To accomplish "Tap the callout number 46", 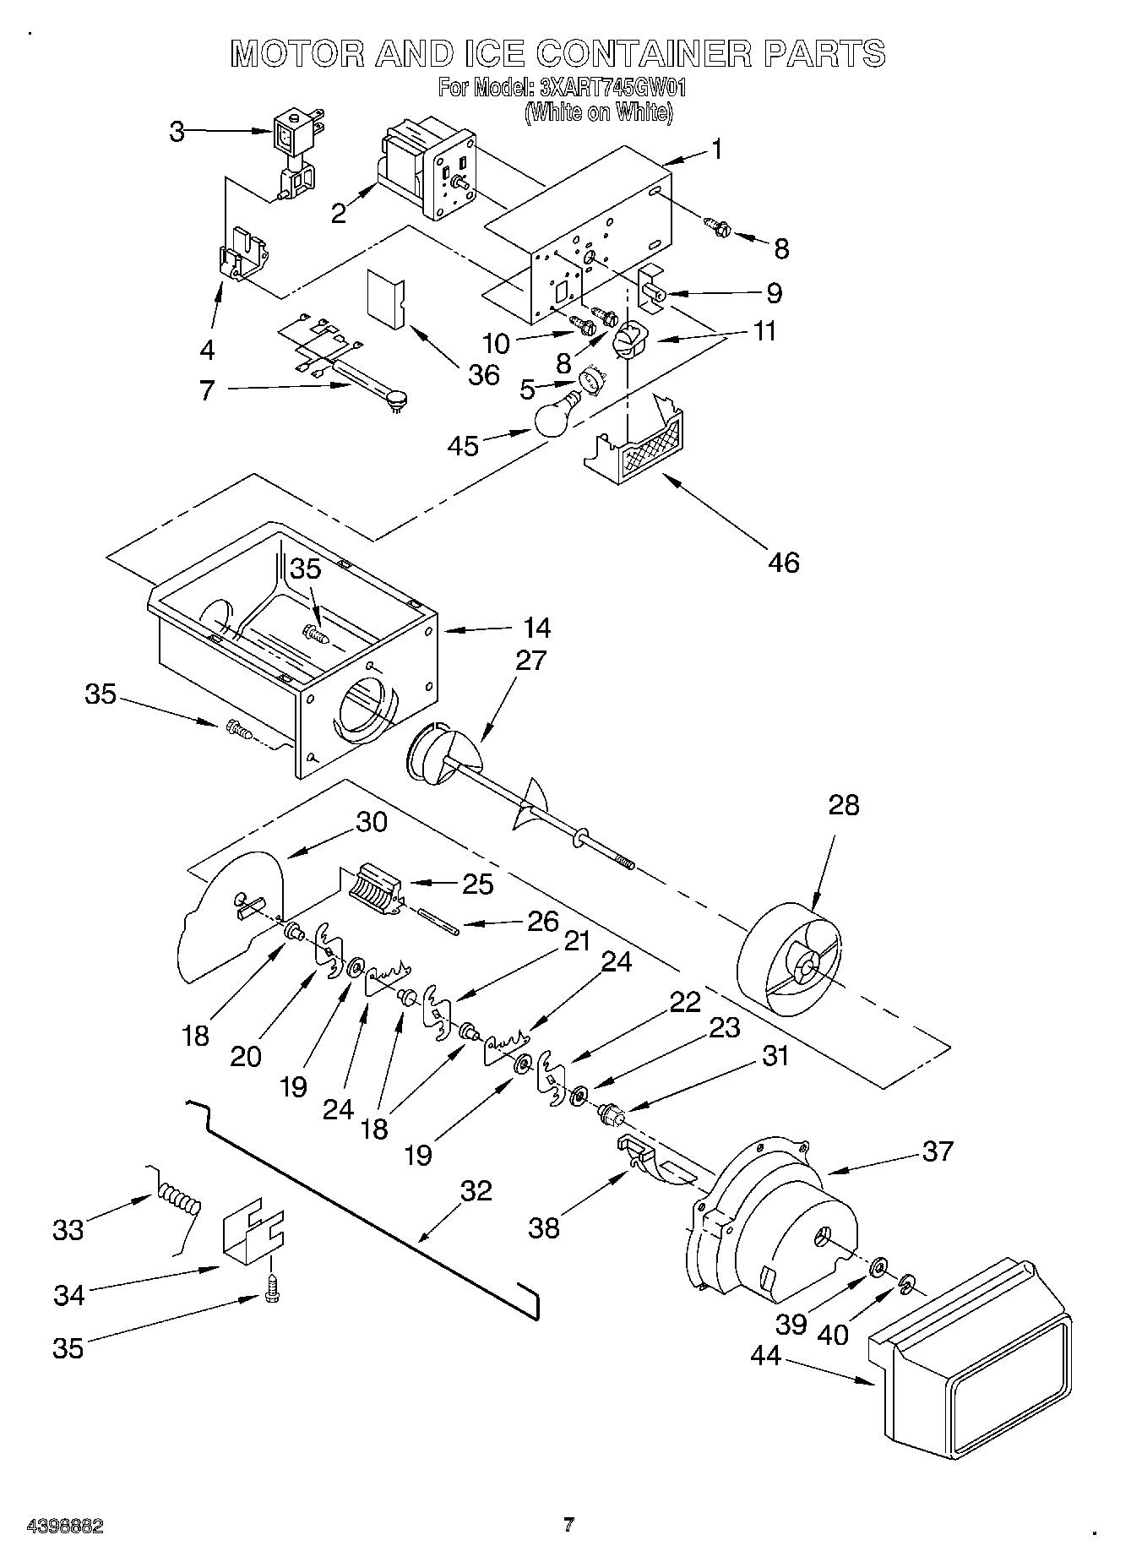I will [x=784, y=562].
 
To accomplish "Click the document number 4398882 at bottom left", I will [x=64, y=1526].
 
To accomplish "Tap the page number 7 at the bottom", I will [x=568, y=1525].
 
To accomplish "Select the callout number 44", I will [x=766, y=1356].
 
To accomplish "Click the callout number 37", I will [x=938, y=1151].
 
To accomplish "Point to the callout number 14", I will [x=536, y=628].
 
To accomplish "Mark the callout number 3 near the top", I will [x=177, y=132].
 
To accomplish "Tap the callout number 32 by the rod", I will [x=476, y=1190].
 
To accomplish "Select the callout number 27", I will [x=530, y=660].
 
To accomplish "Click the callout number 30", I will [x=371, y=822].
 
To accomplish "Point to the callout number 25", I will [x=478, y=884].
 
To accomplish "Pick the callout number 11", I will [x=764, y=330].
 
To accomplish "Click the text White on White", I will [x=598, y=112].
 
